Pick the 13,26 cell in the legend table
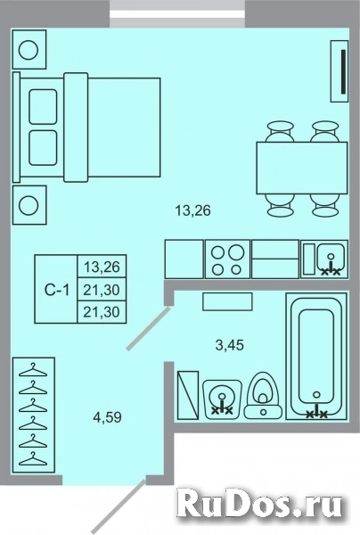102,266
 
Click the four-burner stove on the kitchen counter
226,259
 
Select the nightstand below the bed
30,207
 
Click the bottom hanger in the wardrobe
33,458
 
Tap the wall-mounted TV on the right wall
342,76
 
